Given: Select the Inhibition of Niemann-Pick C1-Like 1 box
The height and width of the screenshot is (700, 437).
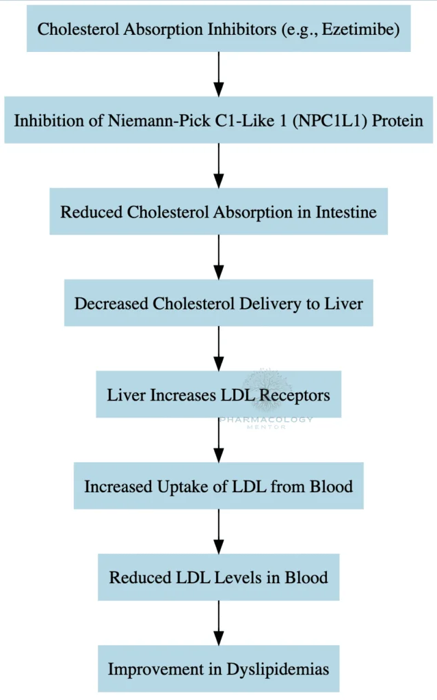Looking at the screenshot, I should tap(218, 120).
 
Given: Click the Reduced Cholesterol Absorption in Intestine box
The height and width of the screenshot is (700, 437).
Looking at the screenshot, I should tap(218, 212).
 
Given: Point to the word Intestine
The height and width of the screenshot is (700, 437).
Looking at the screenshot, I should tap(346, 212).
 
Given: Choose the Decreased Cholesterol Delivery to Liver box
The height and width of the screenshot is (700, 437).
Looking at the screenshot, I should tap(218, 303).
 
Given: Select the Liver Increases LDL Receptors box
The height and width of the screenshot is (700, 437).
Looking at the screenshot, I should tap(218, 394).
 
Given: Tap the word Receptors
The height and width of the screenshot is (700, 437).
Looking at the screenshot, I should tap(297, 394).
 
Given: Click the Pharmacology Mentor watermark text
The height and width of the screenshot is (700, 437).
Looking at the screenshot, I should tap(266, 422).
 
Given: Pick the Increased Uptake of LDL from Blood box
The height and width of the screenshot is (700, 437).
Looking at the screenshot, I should tap(218, 486).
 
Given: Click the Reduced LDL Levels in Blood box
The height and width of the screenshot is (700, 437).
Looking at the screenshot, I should tap(218, 577).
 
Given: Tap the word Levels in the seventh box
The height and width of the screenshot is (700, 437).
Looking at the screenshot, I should tap(239, 577).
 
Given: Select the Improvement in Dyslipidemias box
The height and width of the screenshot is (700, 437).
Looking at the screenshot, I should tap(218, 669).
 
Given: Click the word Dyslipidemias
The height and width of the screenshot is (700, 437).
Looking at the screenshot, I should tap(280, 669).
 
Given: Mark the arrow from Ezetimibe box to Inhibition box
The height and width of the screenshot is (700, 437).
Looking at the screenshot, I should tap(218, 75).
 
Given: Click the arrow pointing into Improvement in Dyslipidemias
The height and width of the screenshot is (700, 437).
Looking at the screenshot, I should tap(218, 623).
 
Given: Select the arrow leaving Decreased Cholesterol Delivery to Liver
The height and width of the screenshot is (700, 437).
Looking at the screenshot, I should tap(218, 349).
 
